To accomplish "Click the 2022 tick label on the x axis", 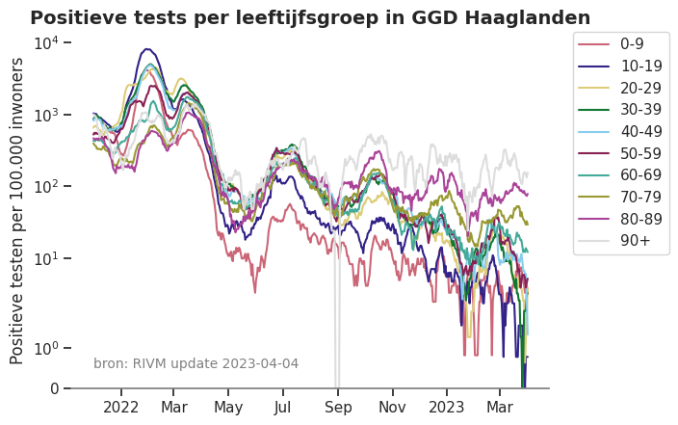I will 121,408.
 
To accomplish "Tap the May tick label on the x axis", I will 228,408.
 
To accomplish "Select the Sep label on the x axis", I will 338,408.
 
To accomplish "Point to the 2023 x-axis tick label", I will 446,408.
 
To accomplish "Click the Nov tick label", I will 392,408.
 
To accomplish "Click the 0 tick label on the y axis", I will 54,388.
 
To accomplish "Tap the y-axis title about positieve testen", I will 17,210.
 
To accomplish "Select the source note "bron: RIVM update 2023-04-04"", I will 196,363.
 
